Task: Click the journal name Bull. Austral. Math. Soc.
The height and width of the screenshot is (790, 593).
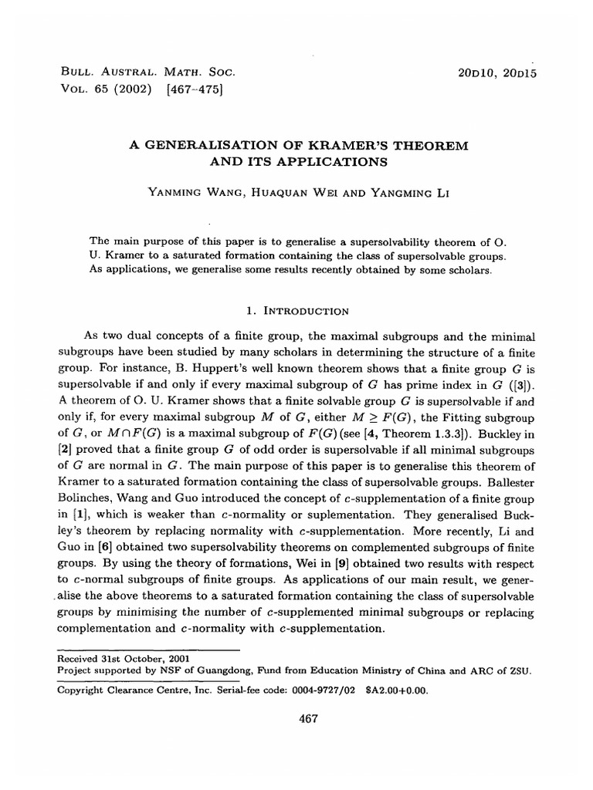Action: [147, 71]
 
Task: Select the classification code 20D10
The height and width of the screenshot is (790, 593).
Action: [479, 71]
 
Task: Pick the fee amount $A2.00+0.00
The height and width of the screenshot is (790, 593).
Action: [394, 690]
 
